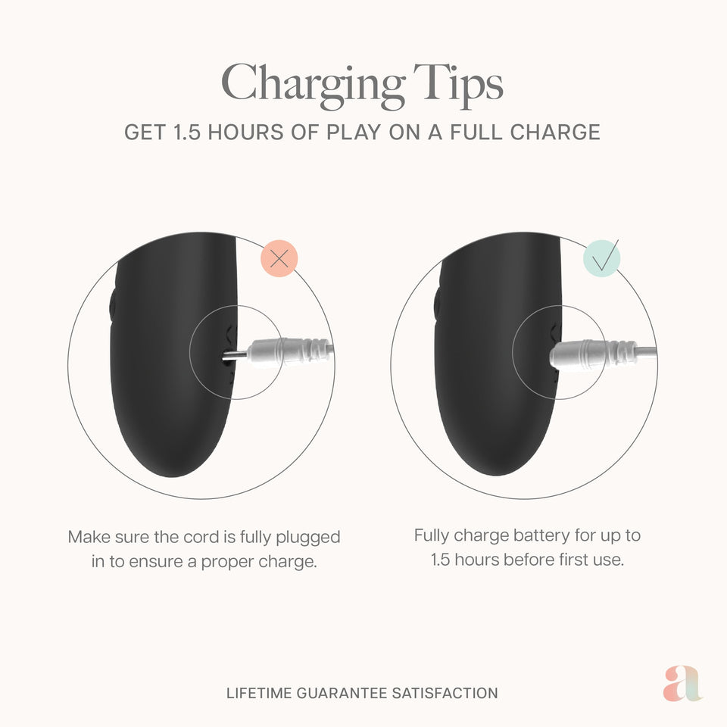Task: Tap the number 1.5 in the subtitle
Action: click(187, 132)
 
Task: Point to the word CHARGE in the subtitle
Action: click(555, 132)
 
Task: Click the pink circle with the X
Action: click(279, 259)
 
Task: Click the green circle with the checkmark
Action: click(601, 258)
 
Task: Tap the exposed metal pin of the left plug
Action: click(235, 356)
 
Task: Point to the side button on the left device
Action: click(113, 304)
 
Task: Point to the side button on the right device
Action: click(437, 304)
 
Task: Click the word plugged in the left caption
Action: click(308, 538)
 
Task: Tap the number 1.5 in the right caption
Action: click(441, 560)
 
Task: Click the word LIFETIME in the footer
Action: click(259, 693)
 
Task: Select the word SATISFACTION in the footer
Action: click(445, 693)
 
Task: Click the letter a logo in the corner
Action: click(682, 684)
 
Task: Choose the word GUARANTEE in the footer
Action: click(342, 693)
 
